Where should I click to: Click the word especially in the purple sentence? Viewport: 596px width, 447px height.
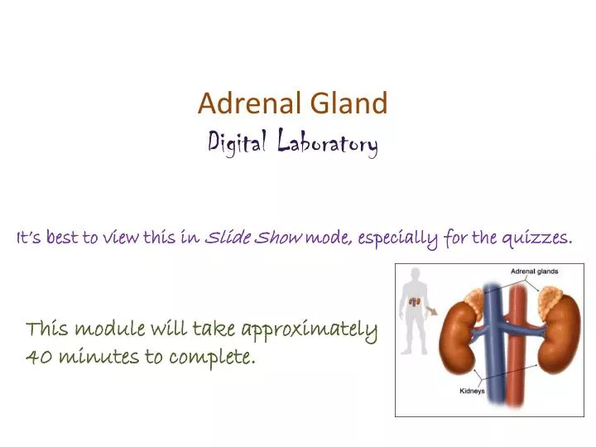(400, 238)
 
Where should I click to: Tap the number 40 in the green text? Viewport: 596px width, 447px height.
(37, 358)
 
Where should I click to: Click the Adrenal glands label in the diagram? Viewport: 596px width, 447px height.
(534, 271)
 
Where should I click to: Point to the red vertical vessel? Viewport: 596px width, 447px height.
(519, 348)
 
